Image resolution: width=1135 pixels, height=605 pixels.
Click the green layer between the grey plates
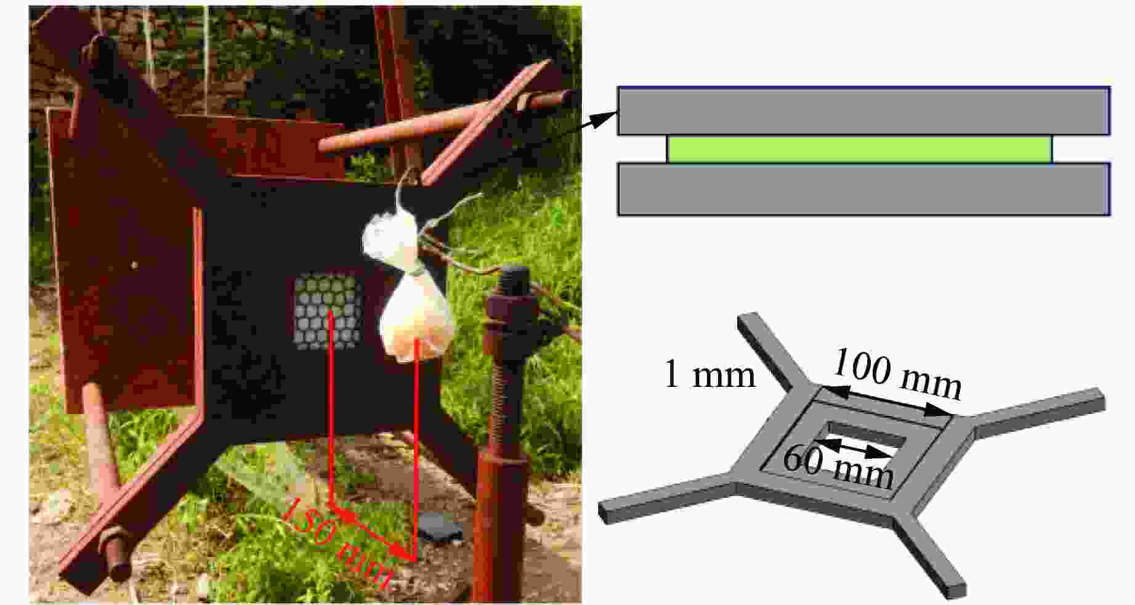point(859,149)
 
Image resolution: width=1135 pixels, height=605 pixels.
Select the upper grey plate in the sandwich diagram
point(863,111)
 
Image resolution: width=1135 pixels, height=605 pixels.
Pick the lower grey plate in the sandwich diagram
point(863,189)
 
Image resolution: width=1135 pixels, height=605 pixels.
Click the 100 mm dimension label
point(897,375)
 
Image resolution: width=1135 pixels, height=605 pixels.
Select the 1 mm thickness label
point(709,374)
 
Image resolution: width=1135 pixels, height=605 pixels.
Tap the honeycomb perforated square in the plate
point(327,311)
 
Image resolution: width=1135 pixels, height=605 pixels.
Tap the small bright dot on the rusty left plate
point(135,266)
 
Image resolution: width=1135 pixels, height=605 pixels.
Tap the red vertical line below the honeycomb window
point(331,409)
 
